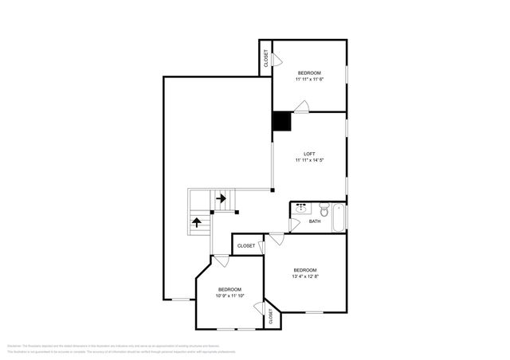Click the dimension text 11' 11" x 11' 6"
coord(309,80)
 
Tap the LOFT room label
coord(309,154)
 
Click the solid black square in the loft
coord(282,121)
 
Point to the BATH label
coord(315,221)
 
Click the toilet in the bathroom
coord(316,211)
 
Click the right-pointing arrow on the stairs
coord(220,198)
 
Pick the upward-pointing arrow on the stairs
coord(197,221)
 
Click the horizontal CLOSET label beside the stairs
coord(246,246)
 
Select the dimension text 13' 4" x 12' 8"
coord(305,277)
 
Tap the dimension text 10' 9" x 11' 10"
coord(229,295)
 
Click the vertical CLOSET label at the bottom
coord(271,316)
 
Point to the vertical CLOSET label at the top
coord(265,58)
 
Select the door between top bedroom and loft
coord(300,107)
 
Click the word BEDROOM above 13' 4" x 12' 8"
coord(305,269)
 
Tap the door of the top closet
coord(277,61)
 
